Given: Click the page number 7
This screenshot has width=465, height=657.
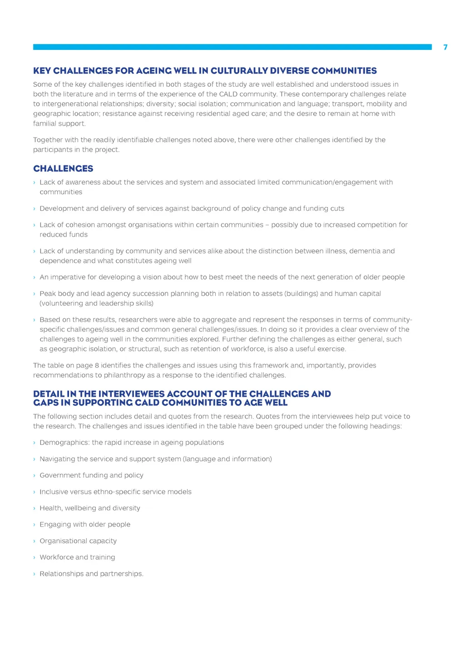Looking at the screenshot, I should click(x=445, y=47).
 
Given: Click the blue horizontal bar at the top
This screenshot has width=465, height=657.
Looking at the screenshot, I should click(x=232, y=47).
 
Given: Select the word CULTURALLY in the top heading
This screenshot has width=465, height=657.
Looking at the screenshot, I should click(x=239, y=71).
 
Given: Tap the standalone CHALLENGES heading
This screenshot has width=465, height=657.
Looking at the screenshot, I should click(x=63, y=169).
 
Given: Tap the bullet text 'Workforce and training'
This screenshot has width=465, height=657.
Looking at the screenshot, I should click(x=77, y=558).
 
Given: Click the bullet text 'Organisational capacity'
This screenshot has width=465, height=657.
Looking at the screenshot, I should click(x=78, y=541).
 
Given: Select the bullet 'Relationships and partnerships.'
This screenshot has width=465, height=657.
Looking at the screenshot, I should click(x=91, y=574).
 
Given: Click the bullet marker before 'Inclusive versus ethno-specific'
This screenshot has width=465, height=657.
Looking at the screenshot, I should click(x=35, y=492).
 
